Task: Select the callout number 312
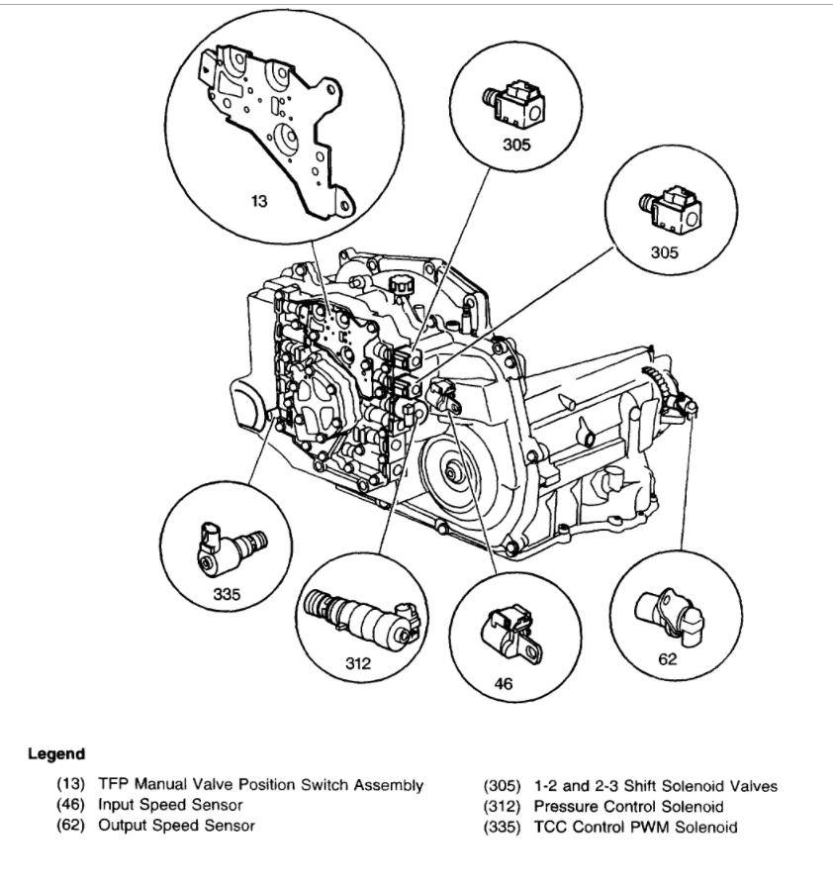pos(358,663)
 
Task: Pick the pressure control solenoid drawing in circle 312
pos(356,615)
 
